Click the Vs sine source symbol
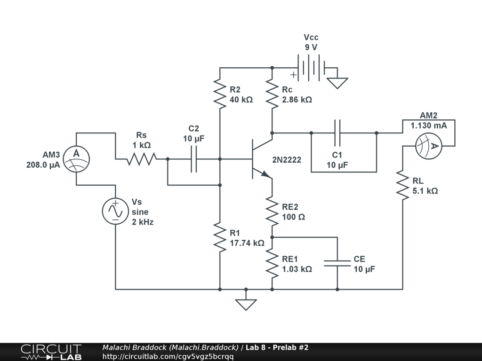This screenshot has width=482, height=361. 115,211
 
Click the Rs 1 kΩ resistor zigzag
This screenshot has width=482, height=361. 142,159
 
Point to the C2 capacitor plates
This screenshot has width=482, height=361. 193,159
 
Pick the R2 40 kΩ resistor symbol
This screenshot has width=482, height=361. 220,94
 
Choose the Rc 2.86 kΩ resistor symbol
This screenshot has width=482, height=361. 272,94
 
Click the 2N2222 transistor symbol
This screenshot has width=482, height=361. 262,159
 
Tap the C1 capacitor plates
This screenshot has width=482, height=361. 337,133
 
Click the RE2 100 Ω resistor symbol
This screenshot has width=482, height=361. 272,211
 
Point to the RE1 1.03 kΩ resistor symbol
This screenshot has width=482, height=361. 272,263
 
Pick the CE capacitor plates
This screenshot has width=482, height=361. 337,263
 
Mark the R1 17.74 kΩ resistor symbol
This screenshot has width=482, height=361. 220,237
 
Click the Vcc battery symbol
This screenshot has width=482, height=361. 312,68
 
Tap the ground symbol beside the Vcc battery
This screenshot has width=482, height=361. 337,83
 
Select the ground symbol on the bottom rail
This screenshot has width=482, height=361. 246,305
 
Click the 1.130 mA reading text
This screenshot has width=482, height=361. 428,126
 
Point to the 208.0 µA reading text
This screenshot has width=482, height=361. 43,165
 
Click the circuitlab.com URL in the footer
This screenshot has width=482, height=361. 168,356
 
